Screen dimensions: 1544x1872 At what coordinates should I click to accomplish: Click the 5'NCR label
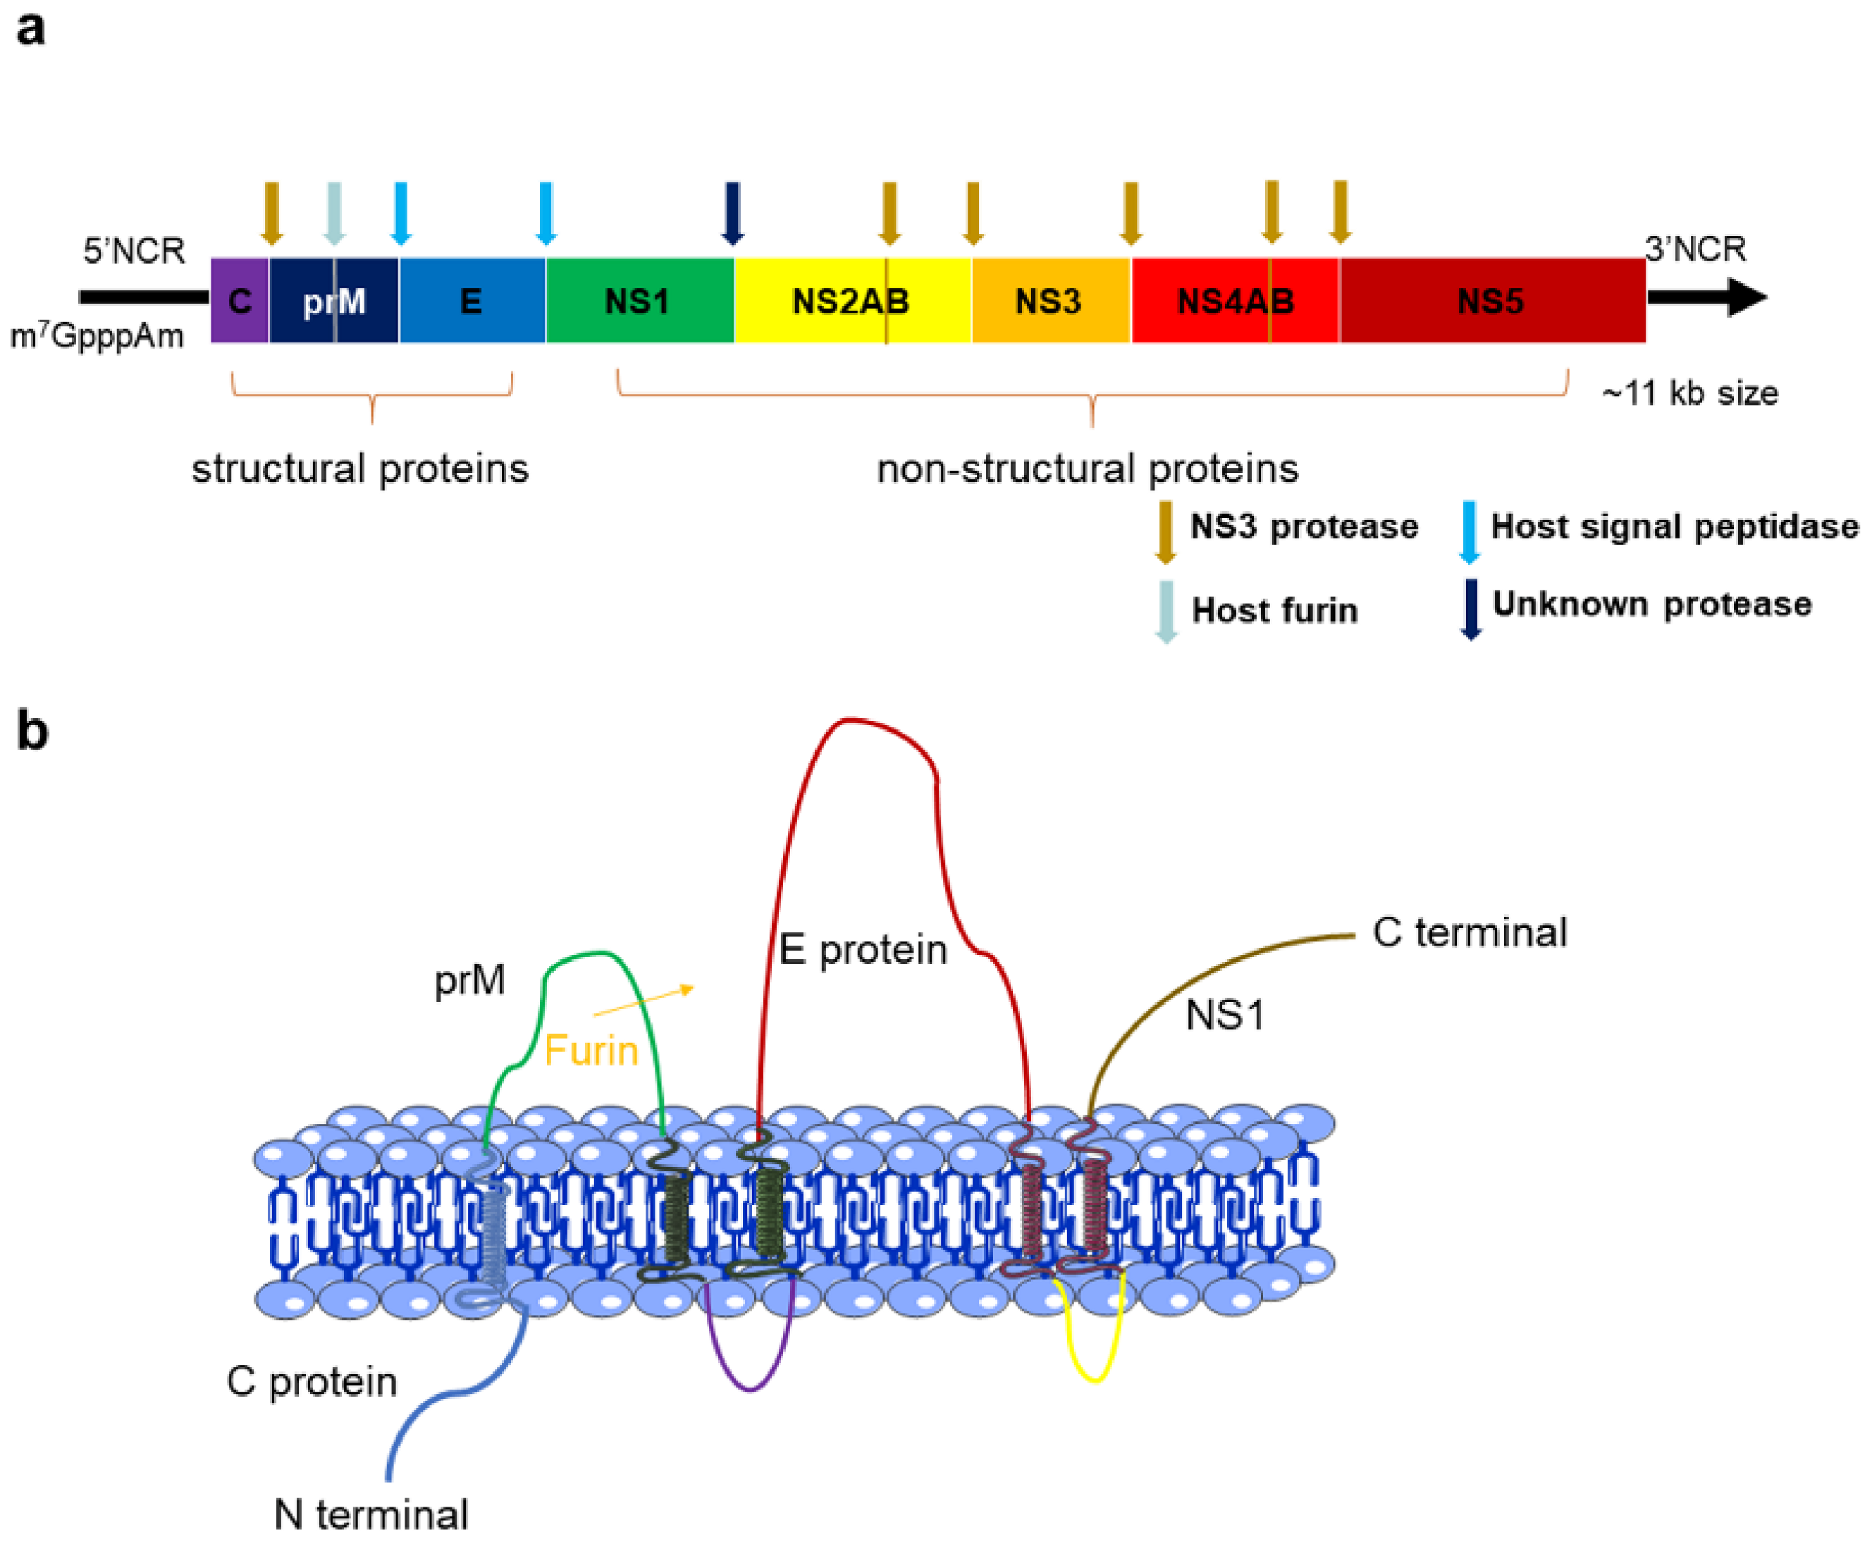[x=135, y=251]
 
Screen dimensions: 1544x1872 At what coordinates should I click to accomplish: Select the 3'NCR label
[x=1695, y=249]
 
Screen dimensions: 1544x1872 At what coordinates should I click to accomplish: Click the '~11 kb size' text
[x=1689, y=393]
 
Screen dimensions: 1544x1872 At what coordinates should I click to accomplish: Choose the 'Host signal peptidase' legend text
[x=1674, y=526]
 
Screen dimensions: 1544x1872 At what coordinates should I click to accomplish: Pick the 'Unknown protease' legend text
[x=1651, y=604]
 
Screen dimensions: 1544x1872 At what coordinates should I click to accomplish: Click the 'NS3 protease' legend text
[x=1304, y=526]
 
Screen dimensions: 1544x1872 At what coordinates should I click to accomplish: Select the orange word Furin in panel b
[x=591, y=1051]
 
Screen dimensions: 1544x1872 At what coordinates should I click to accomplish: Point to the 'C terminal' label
[x=1469, y=933]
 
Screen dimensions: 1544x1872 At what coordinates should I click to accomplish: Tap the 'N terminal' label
[x=371, y=1514]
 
